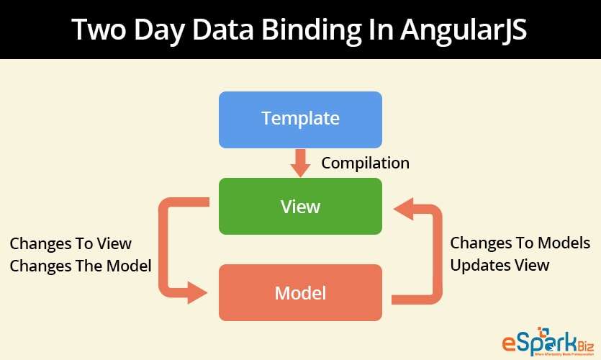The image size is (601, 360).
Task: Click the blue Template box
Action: pos(300,119)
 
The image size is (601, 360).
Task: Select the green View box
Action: pos(300,207)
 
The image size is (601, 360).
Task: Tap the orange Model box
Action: pos(300,293)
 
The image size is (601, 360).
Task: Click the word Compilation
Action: pos(365,163)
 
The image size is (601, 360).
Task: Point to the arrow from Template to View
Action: pos(300,163)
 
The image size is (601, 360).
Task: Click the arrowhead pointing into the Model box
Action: pos(198,293)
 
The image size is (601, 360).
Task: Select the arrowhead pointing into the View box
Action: pos(403,209)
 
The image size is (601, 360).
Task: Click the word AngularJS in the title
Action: pos(460,30)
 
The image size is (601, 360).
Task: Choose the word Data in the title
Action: pos(234,30)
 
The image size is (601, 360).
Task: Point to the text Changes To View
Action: pos(71,244)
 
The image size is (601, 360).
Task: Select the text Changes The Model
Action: pos(80,266)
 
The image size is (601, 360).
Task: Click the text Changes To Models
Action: pos(520,243)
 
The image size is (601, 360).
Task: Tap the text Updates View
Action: pos(500,265)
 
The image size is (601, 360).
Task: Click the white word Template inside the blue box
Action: pos(300,119)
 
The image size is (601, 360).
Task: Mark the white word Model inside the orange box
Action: pos(300,293)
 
